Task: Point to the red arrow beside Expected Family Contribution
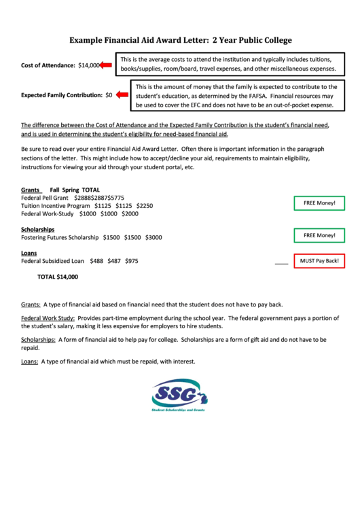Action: [x=123, y=96]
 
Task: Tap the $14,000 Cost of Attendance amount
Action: [x=88, y=65]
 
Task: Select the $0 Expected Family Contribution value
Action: [x=109, y=96]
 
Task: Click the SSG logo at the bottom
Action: [x=180, y=395]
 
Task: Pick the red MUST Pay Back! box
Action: [x=319, y=261]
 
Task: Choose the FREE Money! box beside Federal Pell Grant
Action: [x=319, y=203]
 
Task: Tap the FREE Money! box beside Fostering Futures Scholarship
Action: [x=319, y=235]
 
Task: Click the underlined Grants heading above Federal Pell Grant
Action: [x=31, y=190]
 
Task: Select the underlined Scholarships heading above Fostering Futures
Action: [x=38, y=229]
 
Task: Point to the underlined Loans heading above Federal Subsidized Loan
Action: [x=29, y=253]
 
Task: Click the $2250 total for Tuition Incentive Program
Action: [x=145, y=205]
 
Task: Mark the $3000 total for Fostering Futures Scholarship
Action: [x=154, y=237]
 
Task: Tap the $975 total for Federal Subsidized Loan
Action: [x=132, y=261]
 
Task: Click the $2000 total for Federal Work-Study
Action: [x=130, y=213]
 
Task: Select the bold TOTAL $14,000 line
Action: [x=58, y=277]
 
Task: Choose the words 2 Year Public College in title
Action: [x=251, y=41]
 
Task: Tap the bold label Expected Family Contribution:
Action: [x=62, y=96]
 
